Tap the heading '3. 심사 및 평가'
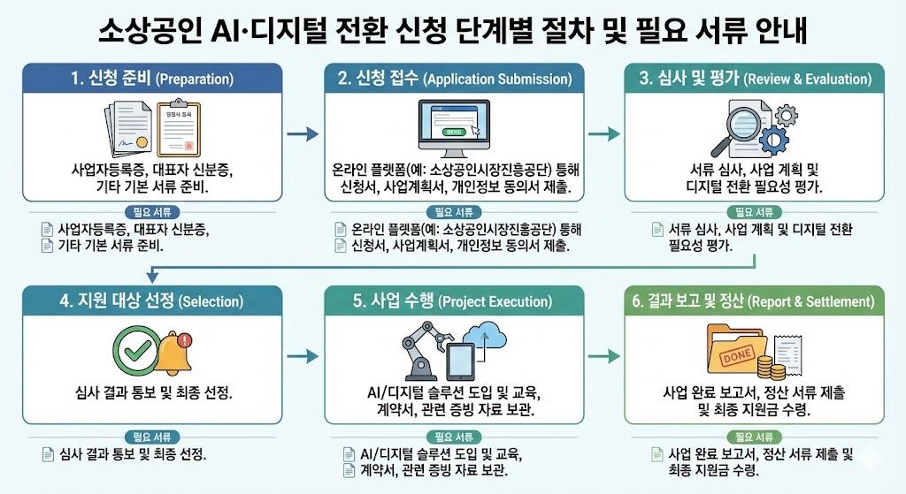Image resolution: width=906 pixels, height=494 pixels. point(755,79)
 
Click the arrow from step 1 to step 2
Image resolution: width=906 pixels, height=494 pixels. point(303,133)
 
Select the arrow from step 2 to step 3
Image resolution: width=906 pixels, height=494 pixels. point(604,133)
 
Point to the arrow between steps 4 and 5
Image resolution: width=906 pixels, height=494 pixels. point(303,356)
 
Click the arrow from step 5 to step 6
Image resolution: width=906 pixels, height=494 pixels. point(604,356)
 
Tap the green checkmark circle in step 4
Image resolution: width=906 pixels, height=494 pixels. point(136,351)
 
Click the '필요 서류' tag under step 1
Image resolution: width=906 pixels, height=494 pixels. point(152,212)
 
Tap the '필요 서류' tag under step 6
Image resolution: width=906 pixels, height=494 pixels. point(754,436)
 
